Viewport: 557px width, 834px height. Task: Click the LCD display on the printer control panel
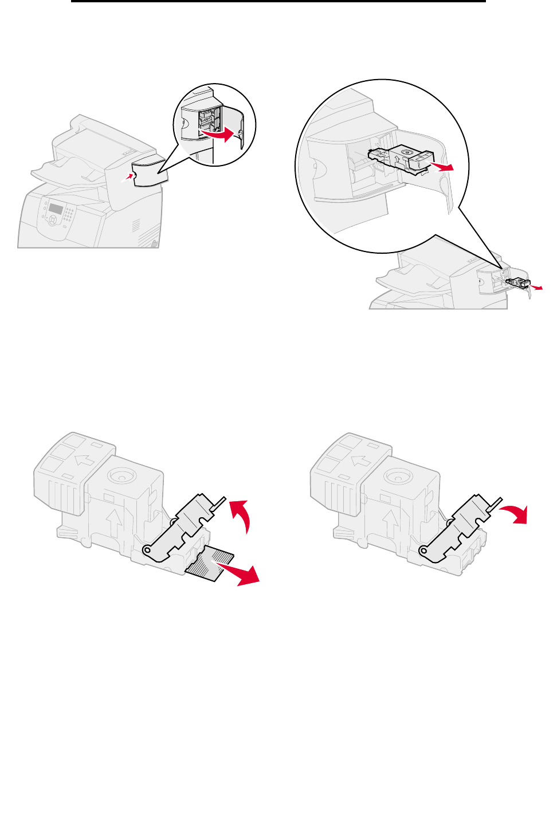55,208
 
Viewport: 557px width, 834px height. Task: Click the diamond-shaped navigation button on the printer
53,219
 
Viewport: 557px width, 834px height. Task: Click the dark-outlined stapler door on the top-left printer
150,172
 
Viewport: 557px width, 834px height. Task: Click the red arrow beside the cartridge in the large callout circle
443,167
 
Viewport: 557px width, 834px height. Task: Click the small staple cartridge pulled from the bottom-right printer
518,282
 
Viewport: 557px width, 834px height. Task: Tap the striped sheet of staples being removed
211,564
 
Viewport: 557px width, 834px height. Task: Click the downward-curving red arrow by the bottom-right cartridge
514,513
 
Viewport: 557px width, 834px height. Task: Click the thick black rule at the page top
278,2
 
